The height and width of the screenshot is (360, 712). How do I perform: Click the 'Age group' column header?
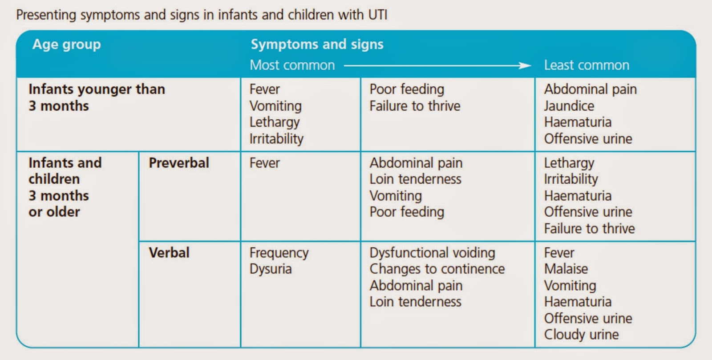pyautogui.click(x=66, y=44)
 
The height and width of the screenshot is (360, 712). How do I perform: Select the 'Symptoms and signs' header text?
pyautogui.click(x=317, y=44)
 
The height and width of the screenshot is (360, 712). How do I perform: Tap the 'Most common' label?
pyautogui.click(x=292, y=65)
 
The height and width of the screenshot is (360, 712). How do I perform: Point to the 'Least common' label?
pyautogui.click(x=586, y=65)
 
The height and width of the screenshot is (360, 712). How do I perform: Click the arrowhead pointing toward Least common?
pyautogui.click(x=526, y=66)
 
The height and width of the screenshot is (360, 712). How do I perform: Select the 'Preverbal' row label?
pyautogui.click(x=178, y=163)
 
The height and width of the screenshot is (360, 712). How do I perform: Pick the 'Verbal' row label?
pyautogui.click(x=169, y=253)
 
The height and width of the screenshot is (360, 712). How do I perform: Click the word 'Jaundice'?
pyautogui.click(x=569, y=106)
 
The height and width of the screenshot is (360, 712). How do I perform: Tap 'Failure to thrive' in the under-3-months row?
pyautogui.click(x=414, y=106)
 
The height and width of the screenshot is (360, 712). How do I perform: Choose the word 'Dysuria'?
pyautogui.click(x=270, y=269)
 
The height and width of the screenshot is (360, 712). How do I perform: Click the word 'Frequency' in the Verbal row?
pyautogui.click(x=279, y=253)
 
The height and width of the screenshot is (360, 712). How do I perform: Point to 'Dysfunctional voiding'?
pyautogui.click(x=432, y=253)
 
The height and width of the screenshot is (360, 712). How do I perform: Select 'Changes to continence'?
pyautogui.click(x=437, y=269)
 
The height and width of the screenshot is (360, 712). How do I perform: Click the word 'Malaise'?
pyautogui.click(x=566, y=269)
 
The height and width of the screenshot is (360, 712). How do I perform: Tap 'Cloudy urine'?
pyautogui.click(x=581, y=335)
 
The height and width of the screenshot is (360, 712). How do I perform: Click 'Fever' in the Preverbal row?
pyautogui.click(x=264, y=163)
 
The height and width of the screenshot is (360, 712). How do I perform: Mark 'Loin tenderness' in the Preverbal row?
pyautogui.click(x=415, y=179)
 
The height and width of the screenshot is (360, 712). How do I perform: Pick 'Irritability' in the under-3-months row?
pyautogui.click(x=276, y=139)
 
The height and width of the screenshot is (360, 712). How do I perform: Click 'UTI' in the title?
pyautogui.click(x=377, y=15)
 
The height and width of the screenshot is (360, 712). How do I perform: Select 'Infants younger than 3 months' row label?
pyautogui.click(x=96, y=97)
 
